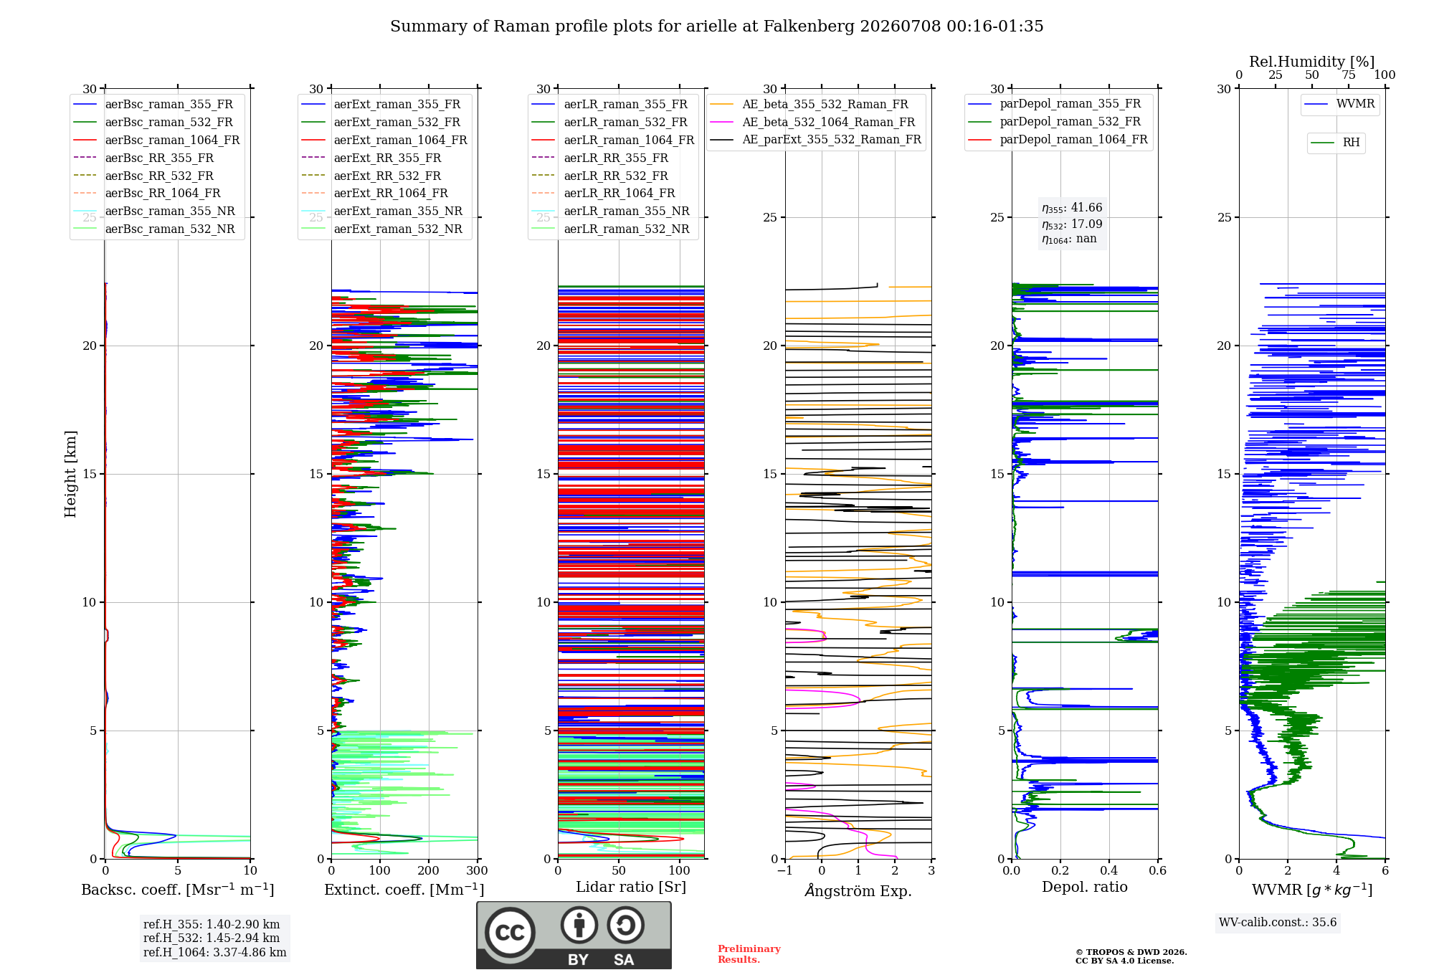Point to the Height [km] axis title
pyautogui.click(x=70, y=474)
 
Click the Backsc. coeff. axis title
pyautogui.click(x=178, y=890)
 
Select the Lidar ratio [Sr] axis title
pyautogui.click(x=631, y=888)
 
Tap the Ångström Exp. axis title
pyautogui.click(x=858, y=890)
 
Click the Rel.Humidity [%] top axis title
pyautogui.click(x=1312, y=62)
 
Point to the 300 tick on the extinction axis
pyautogui.click(x=477, y=871)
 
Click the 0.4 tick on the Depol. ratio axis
pyautogui.click(x=1108, y=871)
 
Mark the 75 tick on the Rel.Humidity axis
pyautogui.click(x=1349, y=75)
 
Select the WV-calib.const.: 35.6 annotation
pyautogui.click(x=1278, y=923)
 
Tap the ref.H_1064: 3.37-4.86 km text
pyautogui.click(x=215, y=953)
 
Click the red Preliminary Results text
pyautogui.click(x=749, y=954)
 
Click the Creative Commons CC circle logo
pyautogui.click(x=510, y=933)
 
